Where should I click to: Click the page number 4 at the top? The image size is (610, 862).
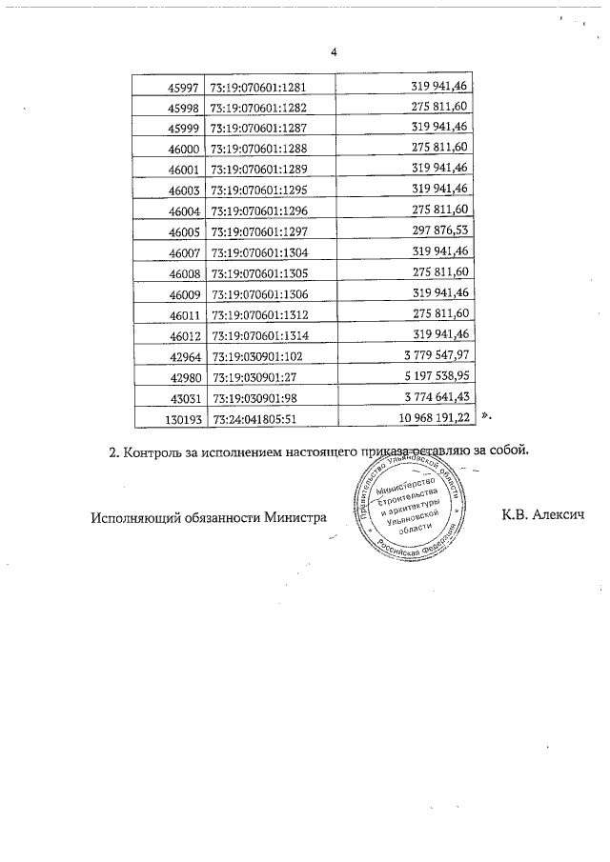point(334,52)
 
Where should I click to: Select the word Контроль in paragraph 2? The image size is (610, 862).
point(159,451)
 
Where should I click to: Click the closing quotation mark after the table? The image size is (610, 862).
point(485,416)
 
